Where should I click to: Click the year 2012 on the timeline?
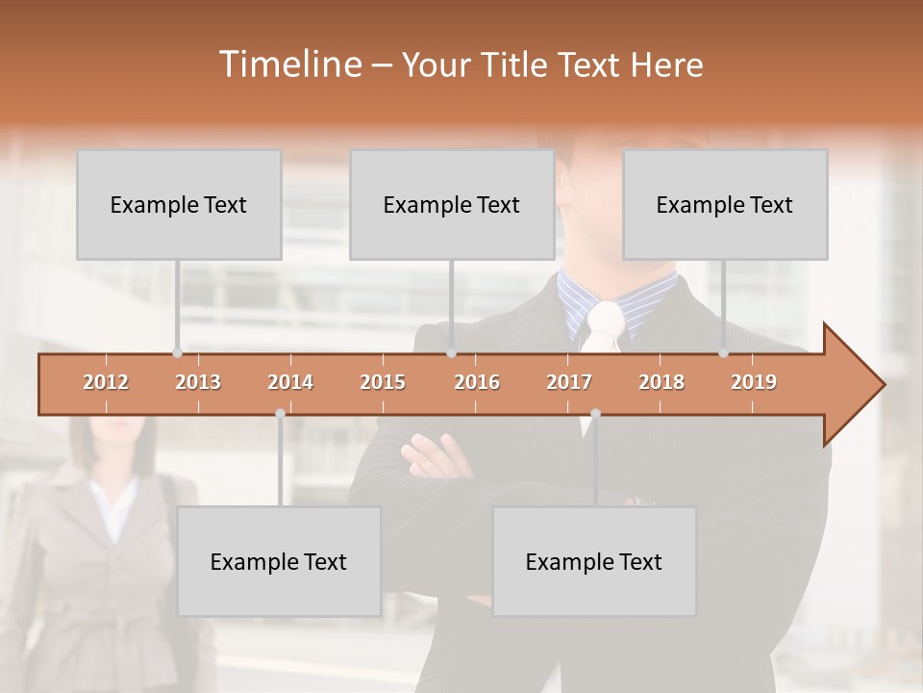tap(106, 382)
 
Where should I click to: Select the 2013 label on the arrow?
tap(198, 382)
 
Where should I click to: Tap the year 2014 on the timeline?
tap(290, 382)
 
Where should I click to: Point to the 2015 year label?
tap(383, 382)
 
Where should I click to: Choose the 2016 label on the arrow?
tap(477, 382)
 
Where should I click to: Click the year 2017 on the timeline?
tap(569, 382)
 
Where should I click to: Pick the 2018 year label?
tap(661, 382)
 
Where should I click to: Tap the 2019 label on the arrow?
tap(754, 382)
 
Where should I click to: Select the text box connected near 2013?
tap(179, 205)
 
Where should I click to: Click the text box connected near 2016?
tap(452, 205)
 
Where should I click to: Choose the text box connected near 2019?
tap(725, 205)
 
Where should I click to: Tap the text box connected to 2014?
tap(279, 562)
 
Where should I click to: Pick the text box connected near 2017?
tap(594, 562)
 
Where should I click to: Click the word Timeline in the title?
tap(288, 64)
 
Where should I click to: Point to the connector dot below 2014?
tap(280, 414)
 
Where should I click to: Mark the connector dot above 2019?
tap(724, 353)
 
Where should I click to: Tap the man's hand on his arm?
tap(437, 454)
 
